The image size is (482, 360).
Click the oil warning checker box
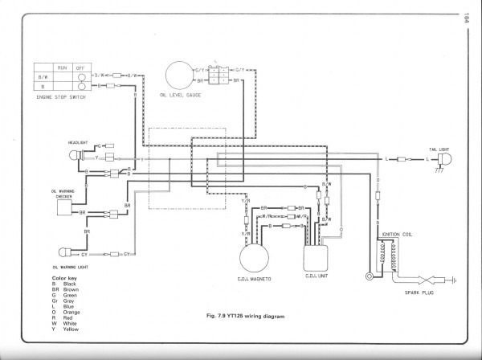tap(71, 208)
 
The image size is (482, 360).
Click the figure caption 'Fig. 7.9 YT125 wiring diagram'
tap(229, 316)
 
